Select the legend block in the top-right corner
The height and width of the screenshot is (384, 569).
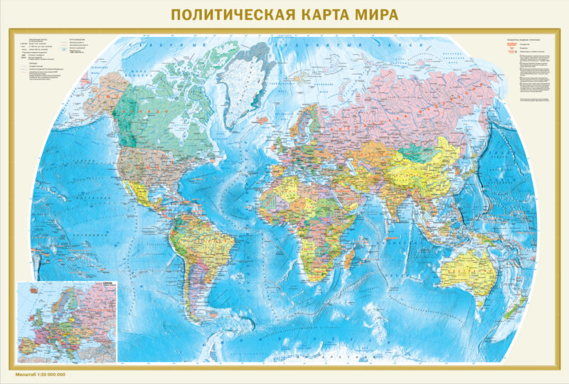click(x=530, y=71)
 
